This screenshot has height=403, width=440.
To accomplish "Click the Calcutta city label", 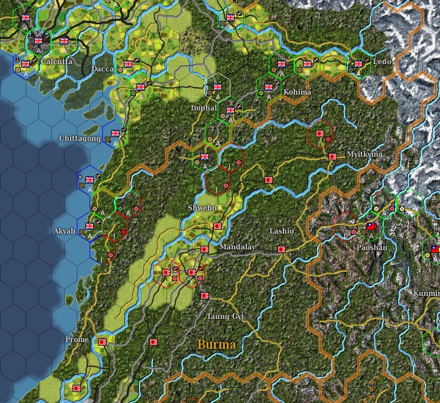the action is click(57, 62).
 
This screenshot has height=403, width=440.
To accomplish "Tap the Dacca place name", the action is click(102, 69).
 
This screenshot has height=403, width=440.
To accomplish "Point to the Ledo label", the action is click(382, 62).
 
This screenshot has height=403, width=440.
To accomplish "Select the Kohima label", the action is click(297, 92).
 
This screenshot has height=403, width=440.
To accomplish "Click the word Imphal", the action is click(204, 108).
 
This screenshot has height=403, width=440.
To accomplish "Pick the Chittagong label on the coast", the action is click(80, 139).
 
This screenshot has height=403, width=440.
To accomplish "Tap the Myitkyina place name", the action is click(364, 154).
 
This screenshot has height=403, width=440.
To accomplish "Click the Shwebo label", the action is click(202, 208).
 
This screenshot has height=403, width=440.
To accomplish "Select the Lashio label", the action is click(282, 232).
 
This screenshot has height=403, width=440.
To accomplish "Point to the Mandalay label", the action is click(237, 247).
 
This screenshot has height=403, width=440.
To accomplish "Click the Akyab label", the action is click(65, 232).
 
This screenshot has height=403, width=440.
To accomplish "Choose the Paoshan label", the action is click(372, 248).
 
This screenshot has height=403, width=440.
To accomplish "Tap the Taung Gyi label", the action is click(225, 316).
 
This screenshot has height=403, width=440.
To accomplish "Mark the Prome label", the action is click(77, 340).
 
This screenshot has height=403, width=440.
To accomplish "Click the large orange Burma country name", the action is click(216, 344).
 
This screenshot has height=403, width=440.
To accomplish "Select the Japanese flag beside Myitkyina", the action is click(333, 157).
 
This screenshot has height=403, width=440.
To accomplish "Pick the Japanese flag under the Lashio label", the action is click(282, 249).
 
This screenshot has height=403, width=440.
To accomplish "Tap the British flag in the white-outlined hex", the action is click(218, 87).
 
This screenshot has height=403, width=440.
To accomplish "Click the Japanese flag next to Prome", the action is click(102, 342).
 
